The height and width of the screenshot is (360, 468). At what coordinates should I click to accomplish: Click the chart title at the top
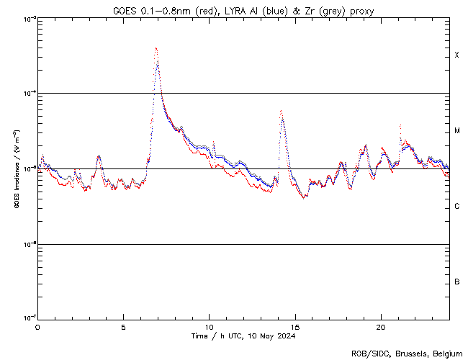243,10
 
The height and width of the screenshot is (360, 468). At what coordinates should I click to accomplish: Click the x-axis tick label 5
123,325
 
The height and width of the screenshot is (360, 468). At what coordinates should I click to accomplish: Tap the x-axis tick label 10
209,325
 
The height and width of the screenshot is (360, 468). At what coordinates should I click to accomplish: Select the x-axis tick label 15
294,325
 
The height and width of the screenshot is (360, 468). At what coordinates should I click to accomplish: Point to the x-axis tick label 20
380,325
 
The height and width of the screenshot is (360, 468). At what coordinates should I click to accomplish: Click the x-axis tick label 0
37,325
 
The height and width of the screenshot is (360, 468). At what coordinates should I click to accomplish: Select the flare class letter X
457,55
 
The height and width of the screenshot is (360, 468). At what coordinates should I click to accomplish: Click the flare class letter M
457,131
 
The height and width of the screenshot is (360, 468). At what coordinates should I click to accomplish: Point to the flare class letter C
457,207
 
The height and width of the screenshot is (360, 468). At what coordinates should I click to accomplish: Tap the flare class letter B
457,282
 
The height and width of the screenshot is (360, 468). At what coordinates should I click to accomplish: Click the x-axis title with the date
243,336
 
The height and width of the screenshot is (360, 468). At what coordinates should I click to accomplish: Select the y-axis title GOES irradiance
16,168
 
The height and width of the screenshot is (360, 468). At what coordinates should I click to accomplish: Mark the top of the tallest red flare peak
156,48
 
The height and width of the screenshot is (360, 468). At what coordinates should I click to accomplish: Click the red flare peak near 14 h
280,111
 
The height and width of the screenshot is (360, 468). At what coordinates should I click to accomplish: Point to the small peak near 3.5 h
99,156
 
